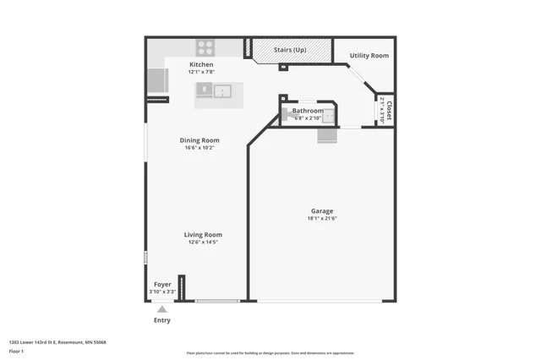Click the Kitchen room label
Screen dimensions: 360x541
click(x=200, y=64)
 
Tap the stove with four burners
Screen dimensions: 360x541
click(x=207, y=47)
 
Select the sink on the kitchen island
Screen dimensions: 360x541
click(x=223, y=90)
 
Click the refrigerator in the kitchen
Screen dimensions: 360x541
click(x=157, y=81)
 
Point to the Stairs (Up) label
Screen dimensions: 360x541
click(x=290, y=50)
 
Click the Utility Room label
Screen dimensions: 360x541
click(x=369, y=56)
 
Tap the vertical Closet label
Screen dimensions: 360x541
click(x=390, y=110)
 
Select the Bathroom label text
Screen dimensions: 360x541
click(x=308, y=111)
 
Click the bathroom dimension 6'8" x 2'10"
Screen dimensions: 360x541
click(x=307, y=117)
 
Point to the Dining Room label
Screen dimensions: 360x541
click(x=199, y=140)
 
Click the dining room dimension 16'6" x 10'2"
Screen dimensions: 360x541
click(x=199, y=148)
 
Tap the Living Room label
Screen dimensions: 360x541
click(x=203, y=235)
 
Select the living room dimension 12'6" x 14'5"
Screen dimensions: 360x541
click(x=203, y=243)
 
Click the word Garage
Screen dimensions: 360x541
click(x=321, y=210)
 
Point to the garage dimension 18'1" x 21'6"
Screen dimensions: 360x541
click(x=321, y=218)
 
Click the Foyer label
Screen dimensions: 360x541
click(x=162, y=284)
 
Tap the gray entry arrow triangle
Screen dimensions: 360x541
click(x=161, y=309)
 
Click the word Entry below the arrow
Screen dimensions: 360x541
click(x=161, y=320)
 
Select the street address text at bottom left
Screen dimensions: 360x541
click(x=63, y=342)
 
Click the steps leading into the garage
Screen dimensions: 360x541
click(x=327, y=135)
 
